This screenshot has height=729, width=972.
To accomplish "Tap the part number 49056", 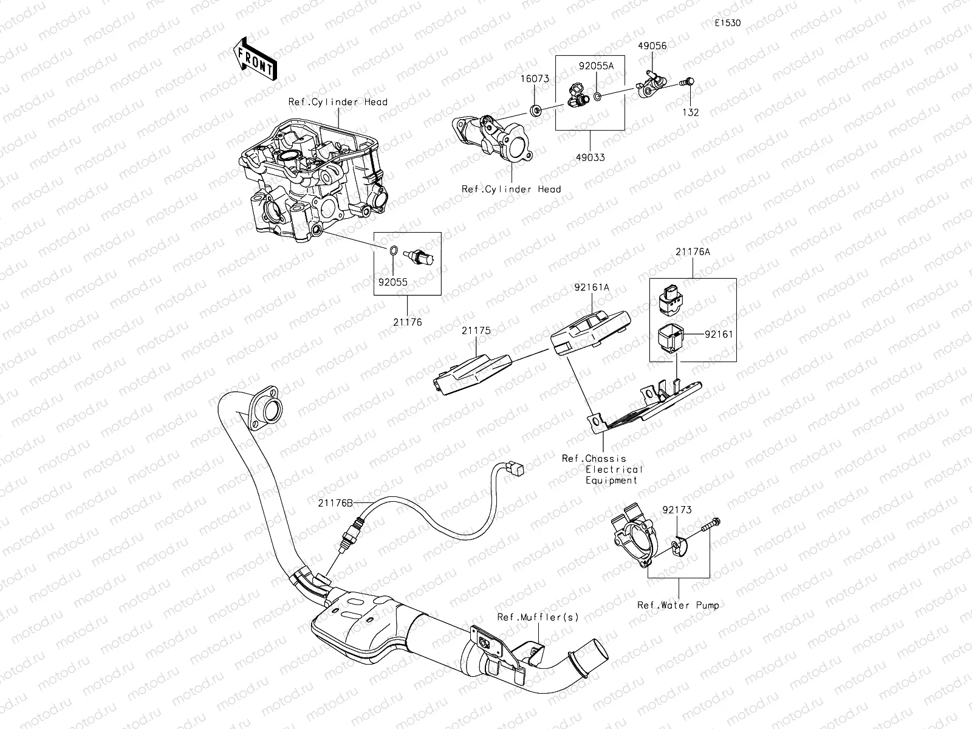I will point(652,46).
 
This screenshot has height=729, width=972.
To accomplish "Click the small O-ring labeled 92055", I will point(393,250).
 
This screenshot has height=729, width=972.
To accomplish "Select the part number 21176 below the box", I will point(407,323).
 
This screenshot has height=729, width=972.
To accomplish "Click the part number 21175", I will point(476,331).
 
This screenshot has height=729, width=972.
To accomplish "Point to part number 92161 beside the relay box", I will point(719,334).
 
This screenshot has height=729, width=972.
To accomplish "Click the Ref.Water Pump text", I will point(678,605).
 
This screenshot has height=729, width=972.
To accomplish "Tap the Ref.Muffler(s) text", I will point(538,617).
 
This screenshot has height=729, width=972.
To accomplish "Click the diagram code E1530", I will point(728,24).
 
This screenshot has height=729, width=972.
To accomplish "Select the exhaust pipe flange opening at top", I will point(270,411).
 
